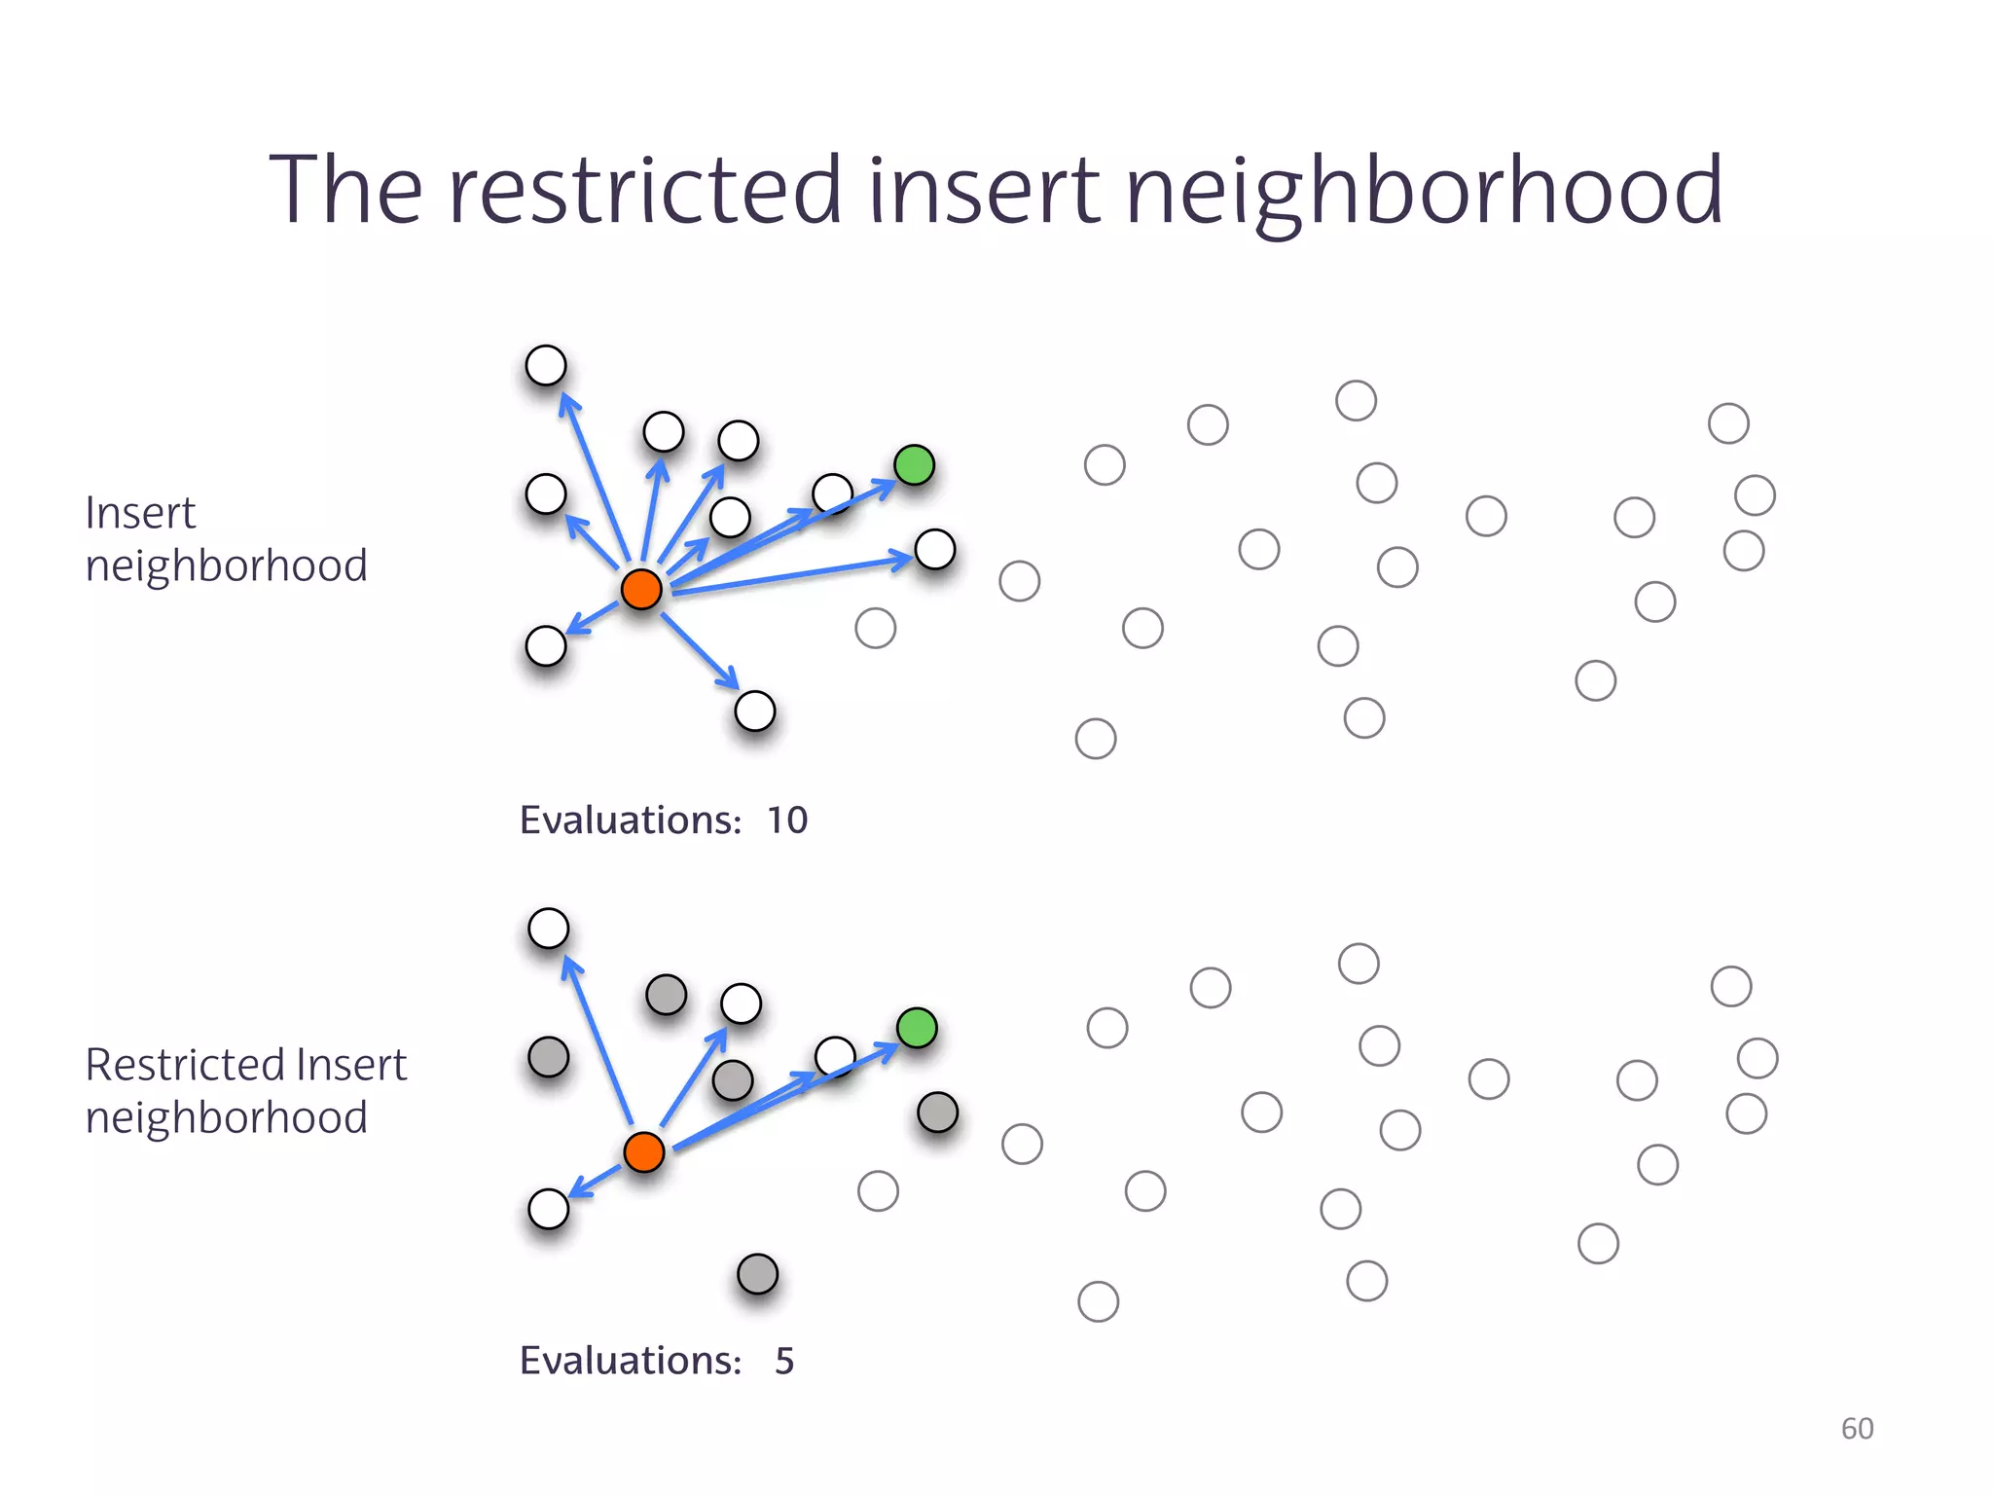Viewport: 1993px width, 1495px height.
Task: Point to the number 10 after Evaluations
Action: tap(786, 820)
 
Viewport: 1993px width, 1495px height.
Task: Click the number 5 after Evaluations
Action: tap(784, 1361)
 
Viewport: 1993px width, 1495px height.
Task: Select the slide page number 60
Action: tap(1857, 1428)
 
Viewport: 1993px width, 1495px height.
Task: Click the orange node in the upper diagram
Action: tap(641, 589)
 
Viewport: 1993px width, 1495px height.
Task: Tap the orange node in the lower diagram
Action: tap(643, 1151)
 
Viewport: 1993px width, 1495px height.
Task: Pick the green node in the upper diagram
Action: tap(914, 465)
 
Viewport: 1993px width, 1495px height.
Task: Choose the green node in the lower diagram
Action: tap(917, 1028)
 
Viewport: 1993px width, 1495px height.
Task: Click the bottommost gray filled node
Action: tap(757, 1273)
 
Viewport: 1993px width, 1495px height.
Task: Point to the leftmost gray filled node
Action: tap(548, 1056)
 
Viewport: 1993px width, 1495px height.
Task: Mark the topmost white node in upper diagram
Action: tap(546, 365)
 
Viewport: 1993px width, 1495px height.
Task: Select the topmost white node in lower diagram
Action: tap(548, 928)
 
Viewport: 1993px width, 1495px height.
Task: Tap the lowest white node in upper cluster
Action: tap(755, 711)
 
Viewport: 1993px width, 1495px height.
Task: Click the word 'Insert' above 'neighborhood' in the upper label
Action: tap(141, 513)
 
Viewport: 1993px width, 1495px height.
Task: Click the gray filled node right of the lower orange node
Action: tap(938, 1112)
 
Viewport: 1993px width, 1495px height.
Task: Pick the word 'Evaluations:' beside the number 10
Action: tap(631, 820)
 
